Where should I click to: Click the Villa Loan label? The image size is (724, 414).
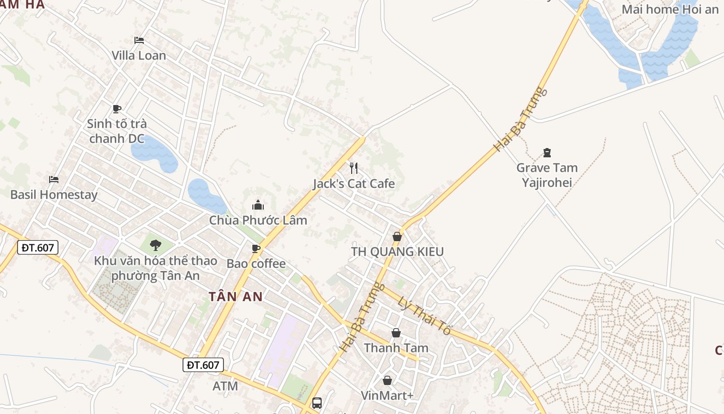click(139, 55)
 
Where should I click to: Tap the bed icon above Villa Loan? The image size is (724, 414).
click(139, 40)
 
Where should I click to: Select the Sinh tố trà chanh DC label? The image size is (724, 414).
click(117, 131)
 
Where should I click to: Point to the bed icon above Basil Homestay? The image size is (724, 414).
click(54, 180)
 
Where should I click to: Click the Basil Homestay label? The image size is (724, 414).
click(54, 195)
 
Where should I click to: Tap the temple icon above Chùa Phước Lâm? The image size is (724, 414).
click(258, 205)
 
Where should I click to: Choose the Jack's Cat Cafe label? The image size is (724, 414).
click(354, 184)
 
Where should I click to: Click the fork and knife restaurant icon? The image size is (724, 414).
click(354, 168)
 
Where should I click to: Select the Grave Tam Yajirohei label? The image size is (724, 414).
click(547, 175)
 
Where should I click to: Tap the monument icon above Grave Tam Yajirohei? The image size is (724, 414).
click(547, 153)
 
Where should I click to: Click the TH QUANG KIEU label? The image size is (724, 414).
click(397, 252)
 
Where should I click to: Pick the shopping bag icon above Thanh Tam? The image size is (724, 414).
click(396, 333)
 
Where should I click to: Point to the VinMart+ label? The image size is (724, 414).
click(387, 395)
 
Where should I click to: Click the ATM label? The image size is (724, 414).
click(225, 386)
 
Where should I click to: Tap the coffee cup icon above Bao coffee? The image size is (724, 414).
click(256, 248)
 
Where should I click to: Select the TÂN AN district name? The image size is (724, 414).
click(236, 297)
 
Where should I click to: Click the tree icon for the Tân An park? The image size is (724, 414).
click(155, 245)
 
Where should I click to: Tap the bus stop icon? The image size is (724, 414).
click(317, 403)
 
